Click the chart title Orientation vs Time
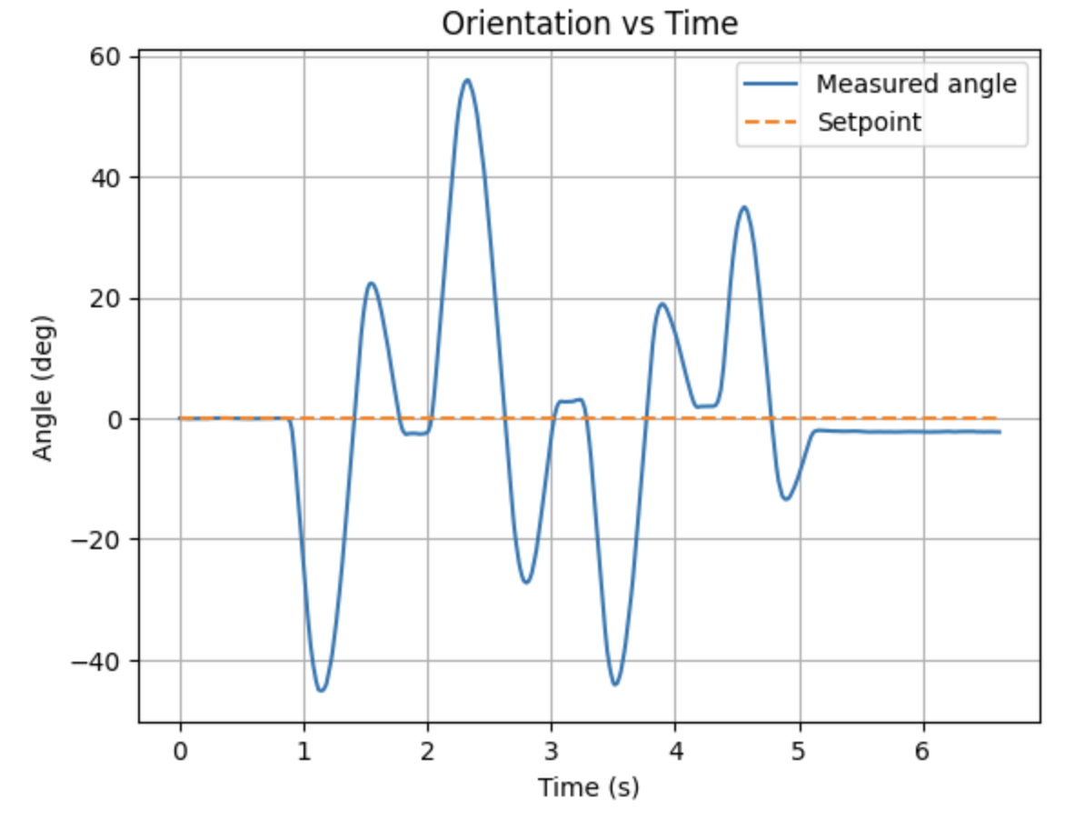pos(589,24)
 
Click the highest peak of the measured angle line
pos(467,80)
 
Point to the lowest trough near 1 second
pos(320,691)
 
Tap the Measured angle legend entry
pos(916,85)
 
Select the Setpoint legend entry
pos(870,122)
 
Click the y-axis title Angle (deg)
pos(43,388)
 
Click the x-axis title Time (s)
pos(588,787)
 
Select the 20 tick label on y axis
pos(111,298)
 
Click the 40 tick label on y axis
pos(111,178)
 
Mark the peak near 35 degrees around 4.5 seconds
pos(744,207)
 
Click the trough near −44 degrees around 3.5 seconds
pos(615,685)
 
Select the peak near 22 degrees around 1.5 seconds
pos(371,283)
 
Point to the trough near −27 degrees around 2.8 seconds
pos(526,582)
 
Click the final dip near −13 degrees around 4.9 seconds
pos(786,499)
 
